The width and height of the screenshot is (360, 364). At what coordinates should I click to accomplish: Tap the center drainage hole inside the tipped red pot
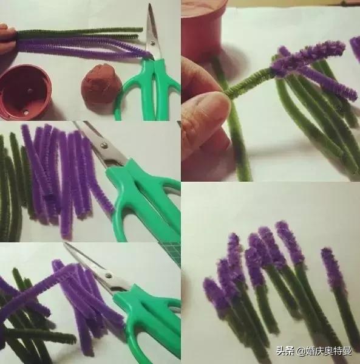[x=30, y=89]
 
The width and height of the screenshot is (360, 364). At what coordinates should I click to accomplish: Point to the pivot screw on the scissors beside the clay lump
[x=152, y=43]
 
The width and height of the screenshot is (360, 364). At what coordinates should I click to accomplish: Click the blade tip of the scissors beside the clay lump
[x=150, y=4]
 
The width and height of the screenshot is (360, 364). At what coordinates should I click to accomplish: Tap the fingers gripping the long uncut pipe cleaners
[x=7, y=38]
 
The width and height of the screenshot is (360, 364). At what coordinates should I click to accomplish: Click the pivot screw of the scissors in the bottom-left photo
[x=108, y=275]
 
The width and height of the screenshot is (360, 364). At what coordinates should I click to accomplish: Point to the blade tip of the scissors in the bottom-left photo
[x=65, y=244]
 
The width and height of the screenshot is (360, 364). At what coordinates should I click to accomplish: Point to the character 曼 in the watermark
[x=347, y=351]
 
